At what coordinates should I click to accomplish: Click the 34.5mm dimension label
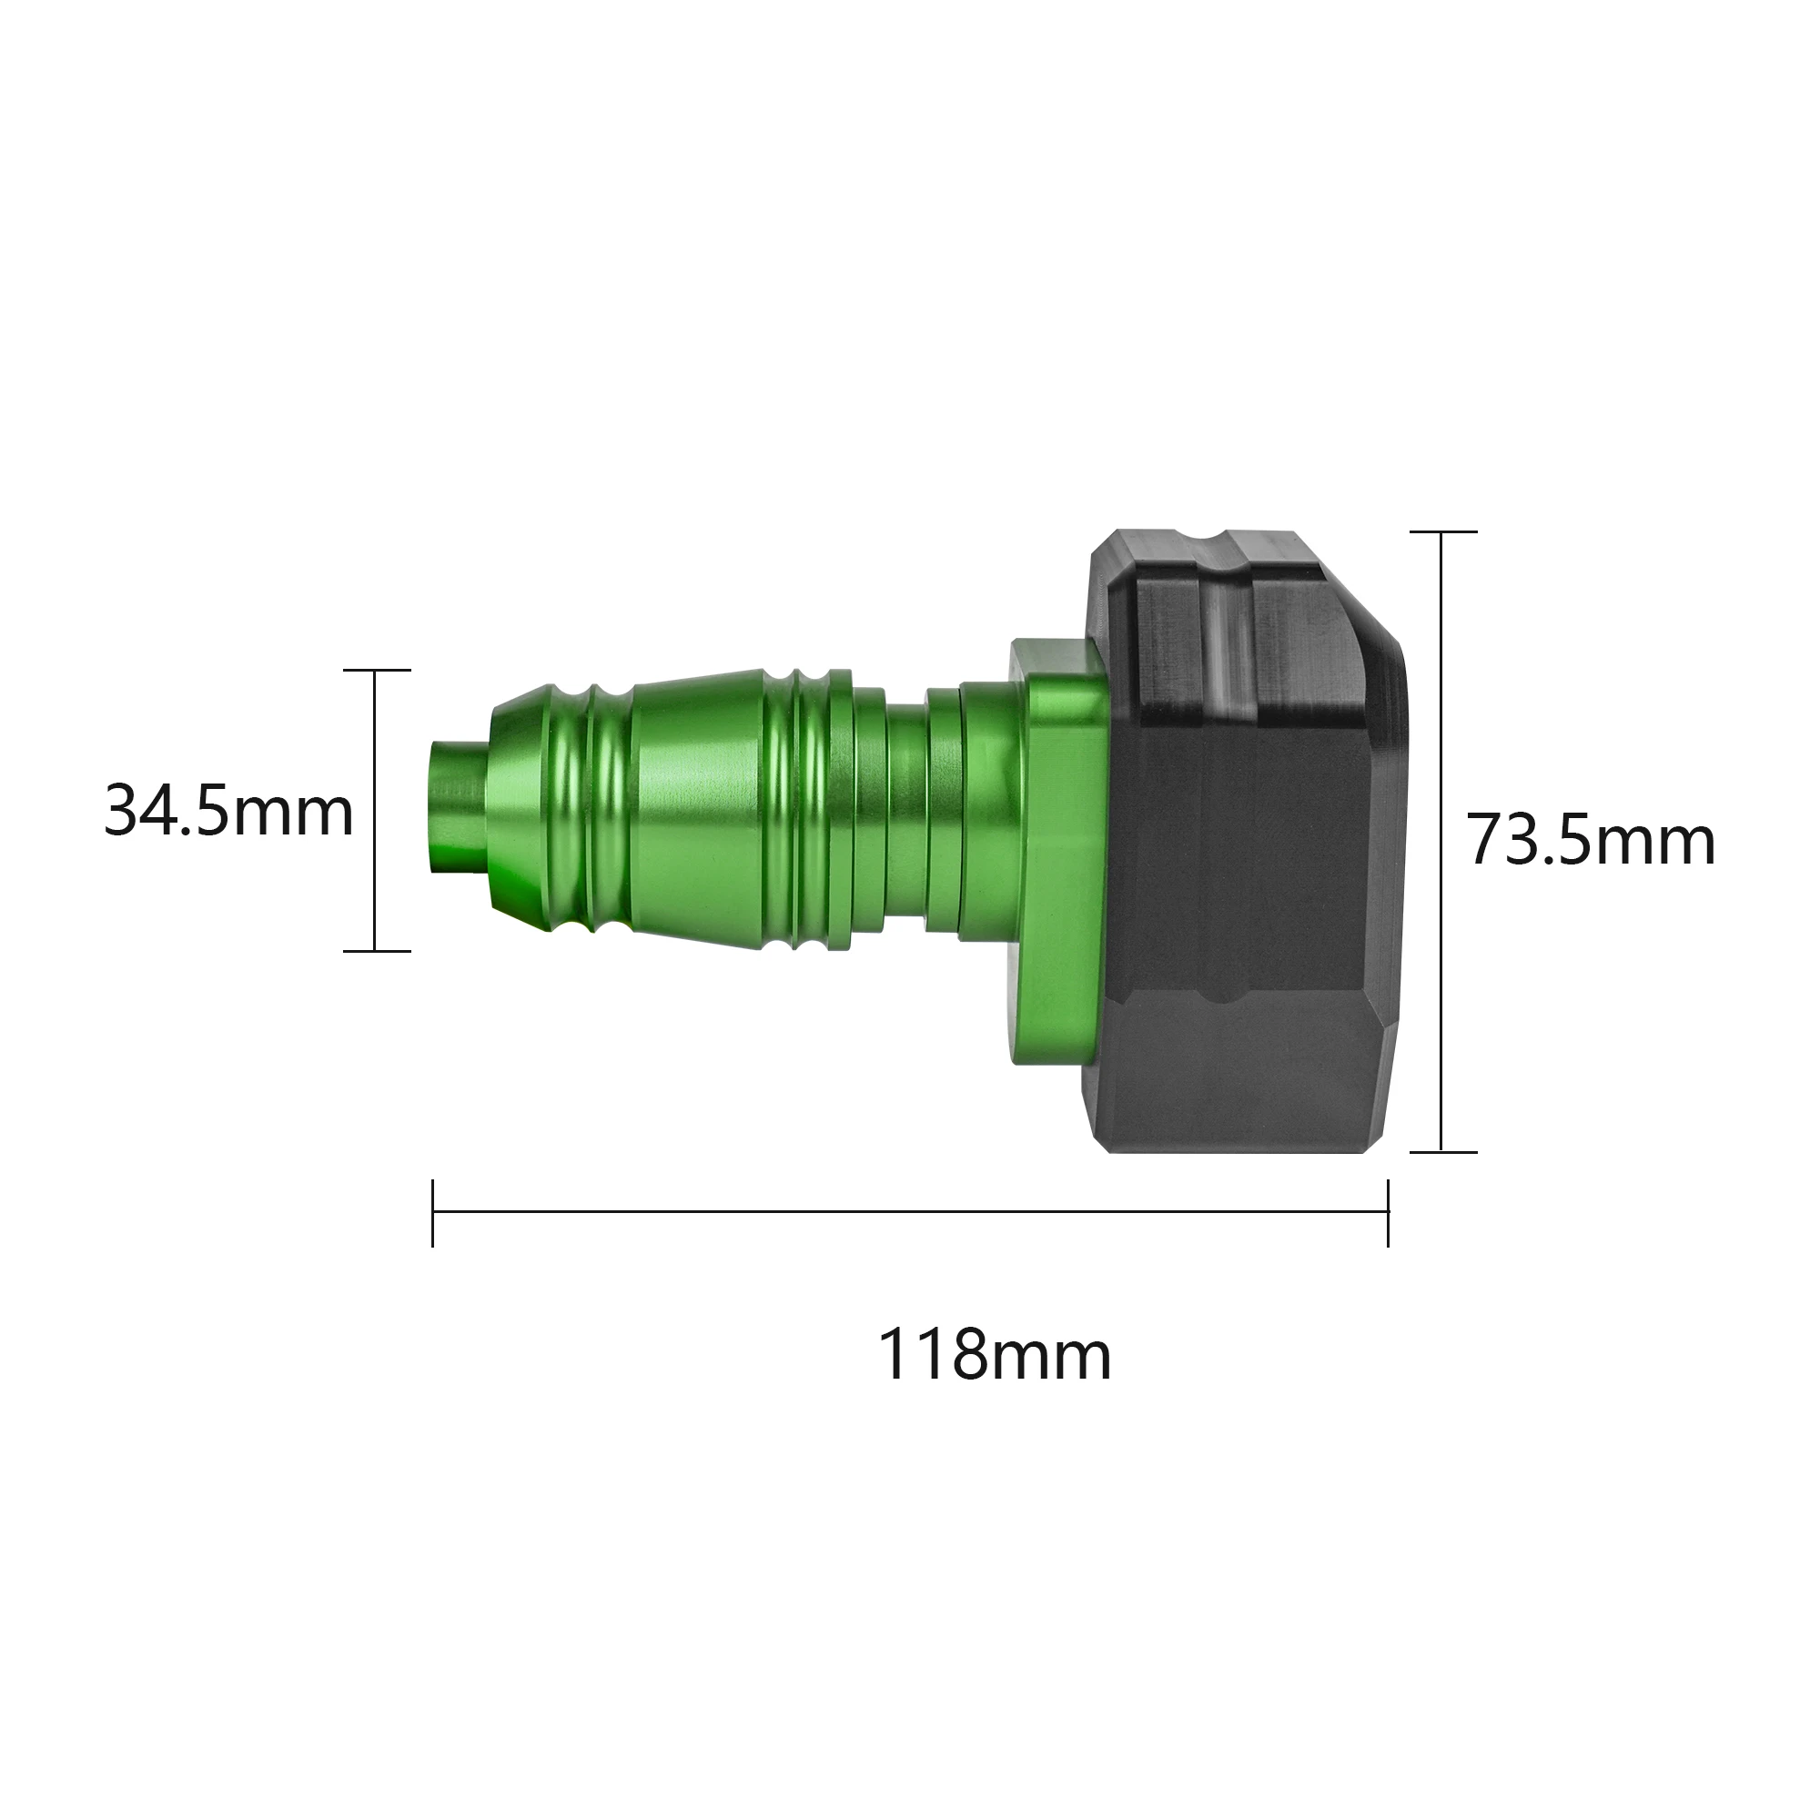click(x=229, y=811)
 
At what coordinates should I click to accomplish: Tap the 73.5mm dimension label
click(x=1591, y=840)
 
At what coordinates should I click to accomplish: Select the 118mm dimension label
click(x=995, y=1355)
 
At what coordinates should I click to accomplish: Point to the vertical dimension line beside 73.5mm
click(x=1441, y=841)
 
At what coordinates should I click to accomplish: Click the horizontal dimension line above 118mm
click(x=909, y=1212)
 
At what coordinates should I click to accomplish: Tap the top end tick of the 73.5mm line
click(x=1442, y=532)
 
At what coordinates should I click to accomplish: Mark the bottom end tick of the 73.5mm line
click(x=1442, y=1151)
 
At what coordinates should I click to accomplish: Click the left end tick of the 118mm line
click(x=432, y=1212)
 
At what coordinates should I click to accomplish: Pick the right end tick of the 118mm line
click(x=1388, y=1212)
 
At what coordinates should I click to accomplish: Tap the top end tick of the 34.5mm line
click(x=377, y=670)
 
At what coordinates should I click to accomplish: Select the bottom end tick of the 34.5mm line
click(x=377, y=951)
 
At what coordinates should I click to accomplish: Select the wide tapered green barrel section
click(x=697, y=810)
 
